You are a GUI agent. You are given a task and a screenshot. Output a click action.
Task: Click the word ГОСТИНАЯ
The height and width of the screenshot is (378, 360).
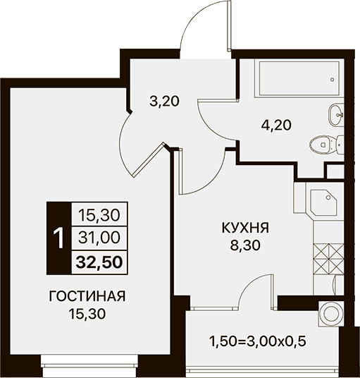point(87,296)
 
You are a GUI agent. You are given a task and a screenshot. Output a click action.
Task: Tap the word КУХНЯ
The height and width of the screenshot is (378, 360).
point(245,228)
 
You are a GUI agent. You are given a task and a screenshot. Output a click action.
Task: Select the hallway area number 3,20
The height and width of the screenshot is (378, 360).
point(164,102)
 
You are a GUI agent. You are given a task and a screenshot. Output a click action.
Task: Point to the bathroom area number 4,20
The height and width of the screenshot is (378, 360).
point(276,125)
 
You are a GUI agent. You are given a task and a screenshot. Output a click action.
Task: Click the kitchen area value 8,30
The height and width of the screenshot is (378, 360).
point(245,245)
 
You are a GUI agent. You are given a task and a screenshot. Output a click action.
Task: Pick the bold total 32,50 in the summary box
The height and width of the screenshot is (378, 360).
point(99,262)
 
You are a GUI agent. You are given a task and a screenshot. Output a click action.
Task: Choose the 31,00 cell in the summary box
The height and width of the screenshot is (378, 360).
point(99,238)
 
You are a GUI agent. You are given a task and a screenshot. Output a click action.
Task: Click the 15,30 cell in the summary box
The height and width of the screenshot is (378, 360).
point(99,215)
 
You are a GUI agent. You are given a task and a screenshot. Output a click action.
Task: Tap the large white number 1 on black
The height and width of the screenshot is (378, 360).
point(58,238)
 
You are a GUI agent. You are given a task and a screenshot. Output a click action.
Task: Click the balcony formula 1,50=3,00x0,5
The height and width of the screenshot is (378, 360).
point(258,341)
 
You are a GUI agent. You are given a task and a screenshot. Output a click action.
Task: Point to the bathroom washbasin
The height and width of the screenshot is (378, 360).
point(337,115)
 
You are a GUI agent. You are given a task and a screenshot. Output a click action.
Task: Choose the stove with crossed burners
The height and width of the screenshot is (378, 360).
point(329,259)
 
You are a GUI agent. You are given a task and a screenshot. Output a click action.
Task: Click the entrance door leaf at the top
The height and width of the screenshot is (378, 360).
point(230,25)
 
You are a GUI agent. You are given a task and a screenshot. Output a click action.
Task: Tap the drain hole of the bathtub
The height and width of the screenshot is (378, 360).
point(333,79)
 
